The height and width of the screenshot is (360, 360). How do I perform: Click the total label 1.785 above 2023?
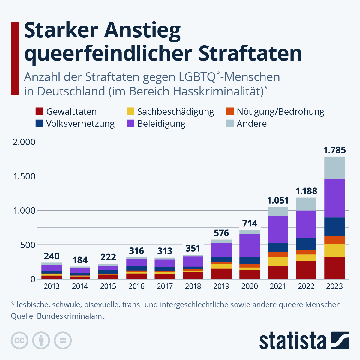pos(334,150)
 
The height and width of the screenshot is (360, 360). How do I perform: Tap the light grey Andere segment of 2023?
pos(334,168)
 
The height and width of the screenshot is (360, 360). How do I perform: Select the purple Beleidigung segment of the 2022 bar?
pos(306,224)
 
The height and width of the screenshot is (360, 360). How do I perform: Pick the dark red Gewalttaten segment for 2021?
pos(278,272)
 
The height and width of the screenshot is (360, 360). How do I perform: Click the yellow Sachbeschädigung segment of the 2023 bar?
pos(334,250)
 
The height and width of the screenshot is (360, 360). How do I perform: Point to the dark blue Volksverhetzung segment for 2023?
pos(334,227)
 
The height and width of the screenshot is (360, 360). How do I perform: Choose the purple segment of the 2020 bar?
pos(250,245)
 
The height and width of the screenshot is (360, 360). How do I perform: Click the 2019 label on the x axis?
pos(221,286)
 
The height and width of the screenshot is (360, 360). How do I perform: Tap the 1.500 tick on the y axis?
pos(24,176)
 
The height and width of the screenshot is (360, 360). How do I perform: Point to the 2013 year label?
pos(52,286)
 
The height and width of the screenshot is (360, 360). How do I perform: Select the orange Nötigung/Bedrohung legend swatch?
pos(230,112)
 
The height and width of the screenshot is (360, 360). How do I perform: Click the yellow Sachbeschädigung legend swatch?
pos(130,112)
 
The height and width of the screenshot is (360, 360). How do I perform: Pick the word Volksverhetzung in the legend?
pos(80,124)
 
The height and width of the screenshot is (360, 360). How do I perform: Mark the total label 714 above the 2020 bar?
pos(250,223)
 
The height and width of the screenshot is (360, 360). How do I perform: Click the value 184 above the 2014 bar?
pos(80,260)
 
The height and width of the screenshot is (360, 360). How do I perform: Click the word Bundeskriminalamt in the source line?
pos(71,316)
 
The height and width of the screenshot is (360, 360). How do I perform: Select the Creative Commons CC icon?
pos(19,340)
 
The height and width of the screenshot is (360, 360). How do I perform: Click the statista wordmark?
pos(292,341)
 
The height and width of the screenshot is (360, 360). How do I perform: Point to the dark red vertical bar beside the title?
pos(15,58)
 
